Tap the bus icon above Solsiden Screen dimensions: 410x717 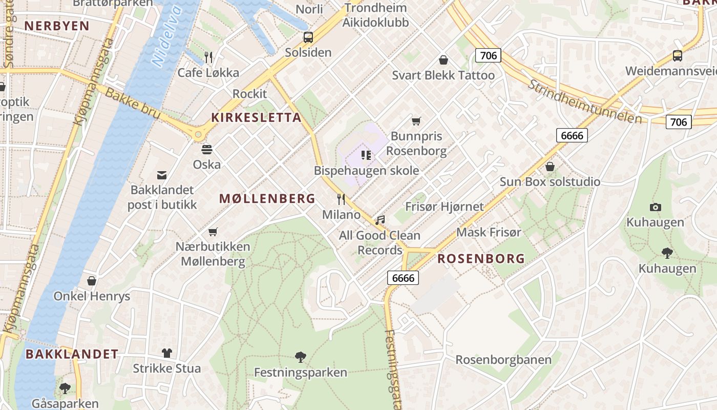coord(308,37)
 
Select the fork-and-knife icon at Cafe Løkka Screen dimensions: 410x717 coord(208,57)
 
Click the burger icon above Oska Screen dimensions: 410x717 coord(207,150)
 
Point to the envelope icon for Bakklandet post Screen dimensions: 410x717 coord(162,175)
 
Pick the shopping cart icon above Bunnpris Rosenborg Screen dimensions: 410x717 coord(416,121)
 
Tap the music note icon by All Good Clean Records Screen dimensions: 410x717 coord(379,220)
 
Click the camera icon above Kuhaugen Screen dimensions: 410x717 coord(655,207)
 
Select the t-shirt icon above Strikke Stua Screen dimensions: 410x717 coord(167,353)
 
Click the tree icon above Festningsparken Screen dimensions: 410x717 coord(301,357)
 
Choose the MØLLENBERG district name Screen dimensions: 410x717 coord(267,199)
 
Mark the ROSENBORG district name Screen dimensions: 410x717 coord(481,259)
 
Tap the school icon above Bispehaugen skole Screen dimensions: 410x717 coord(366,155)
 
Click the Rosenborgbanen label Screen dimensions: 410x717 coord(503,360)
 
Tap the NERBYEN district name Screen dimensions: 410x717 coord(57,26)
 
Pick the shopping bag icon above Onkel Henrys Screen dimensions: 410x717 coord(92,281)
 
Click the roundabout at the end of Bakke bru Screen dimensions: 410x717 coord(198,134)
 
